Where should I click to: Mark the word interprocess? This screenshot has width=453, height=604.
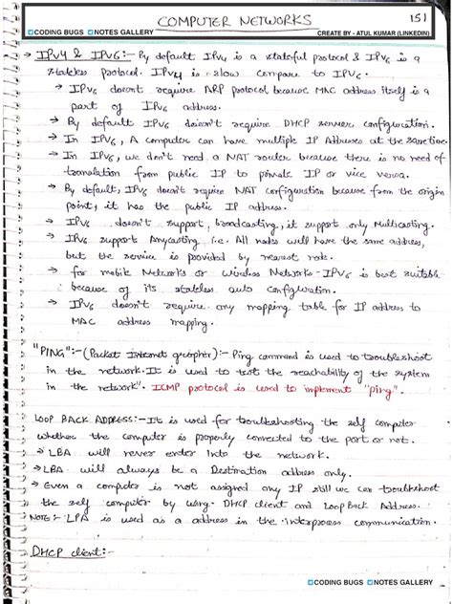pyautogui.click(x=296, y=522)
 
